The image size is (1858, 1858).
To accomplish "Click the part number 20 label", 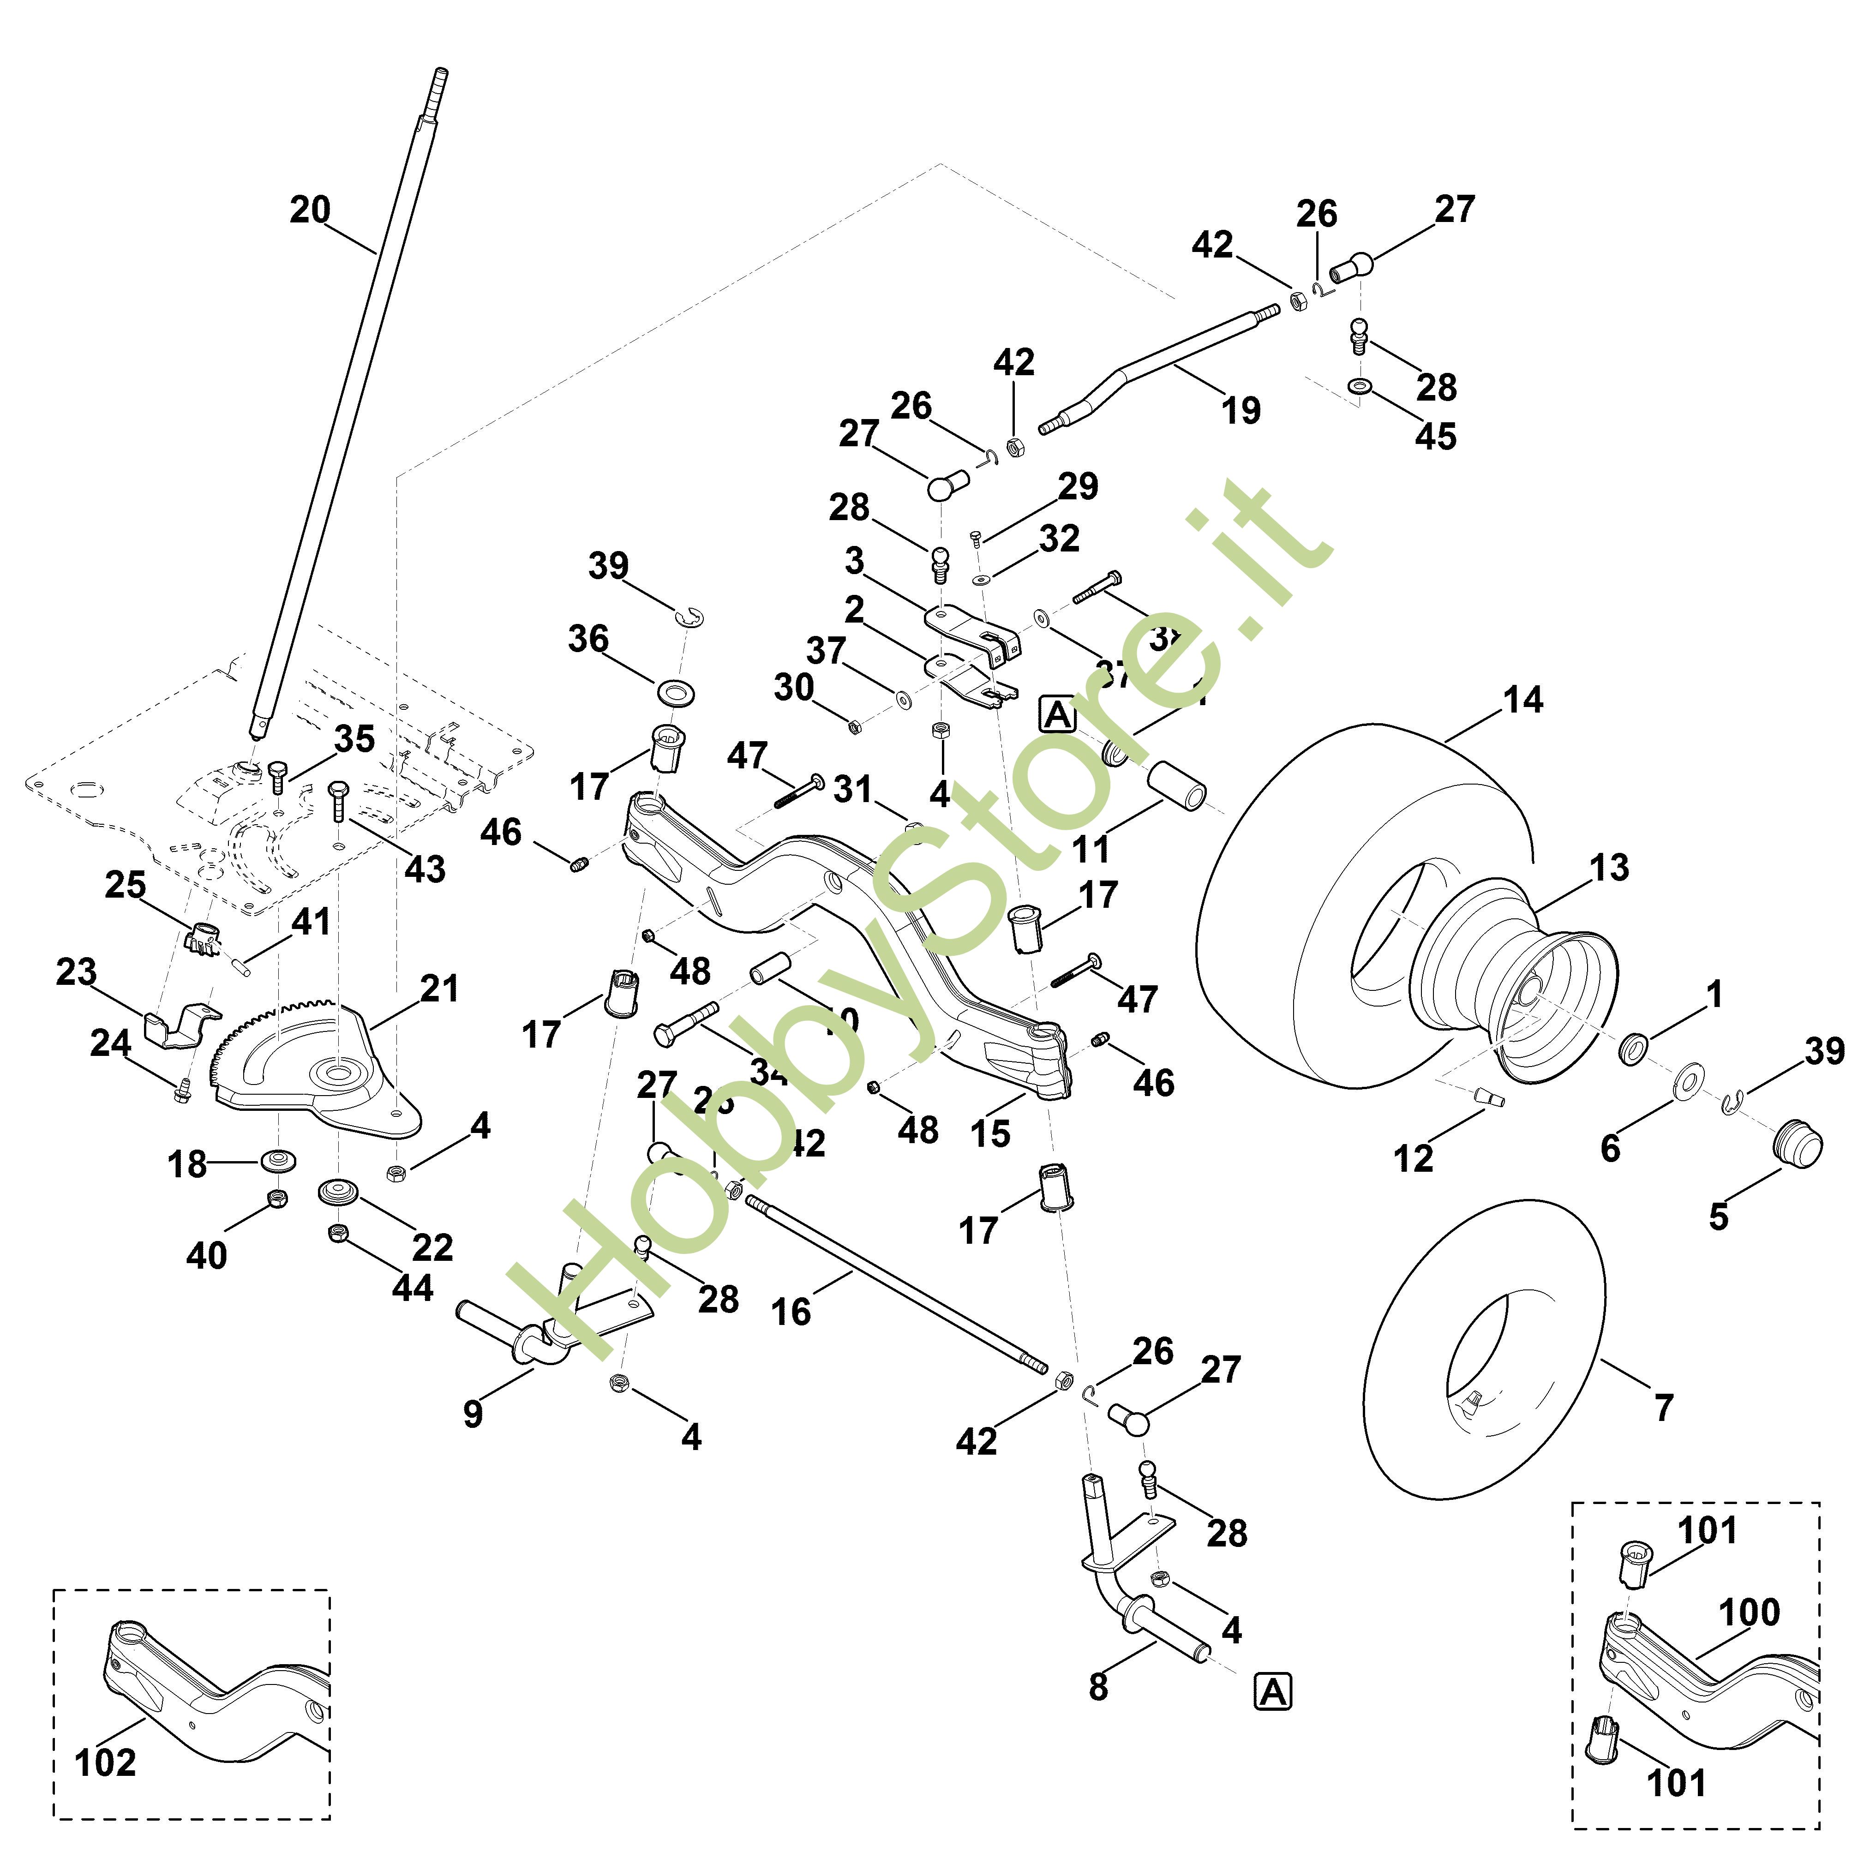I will pos(310,210).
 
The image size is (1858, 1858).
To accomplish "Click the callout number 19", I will pos(1241,411).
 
